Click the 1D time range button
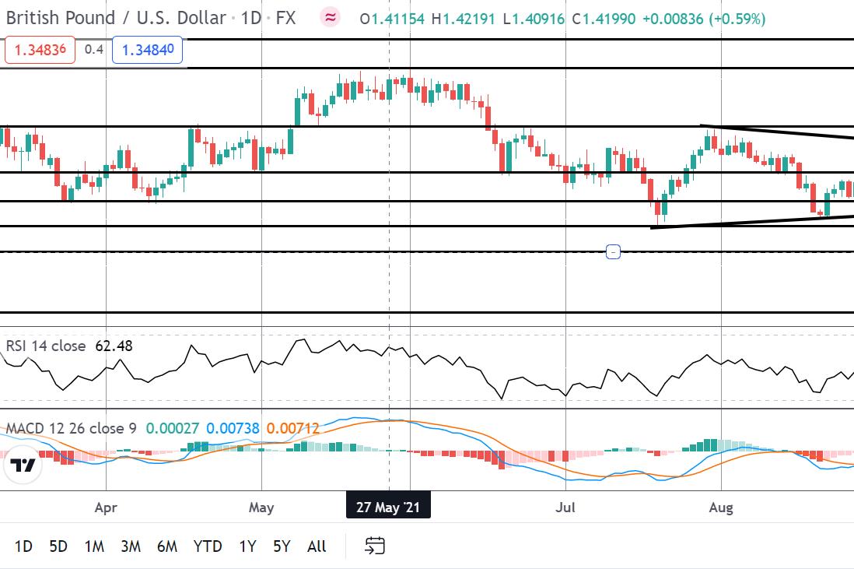[23, 546]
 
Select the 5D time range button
[58, 546]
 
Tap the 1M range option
[94, 546]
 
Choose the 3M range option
[131, 546]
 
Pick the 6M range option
[166, 546]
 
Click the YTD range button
[207, 546]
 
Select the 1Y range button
[247, 546]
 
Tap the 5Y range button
[282, 546]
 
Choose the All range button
[317, 546]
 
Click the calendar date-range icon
[375, 546]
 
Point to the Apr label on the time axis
[105, 508]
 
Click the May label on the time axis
[261, 508]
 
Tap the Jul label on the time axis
[565, 508]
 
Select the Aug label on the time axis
[722, 508]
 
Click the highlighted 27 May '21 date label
[388, 508]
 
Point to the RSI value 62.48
[114, 346]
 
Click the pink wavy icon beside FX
[330, 17]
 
